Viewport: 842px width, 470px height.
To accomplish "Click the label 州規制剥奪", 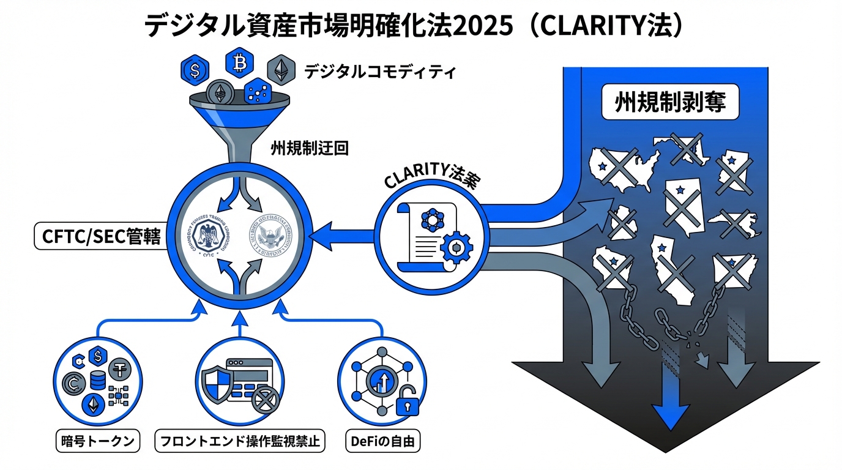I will click(669, 103).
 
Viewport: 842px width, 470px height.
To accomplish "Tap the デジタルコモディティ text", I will click(379, 72).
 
